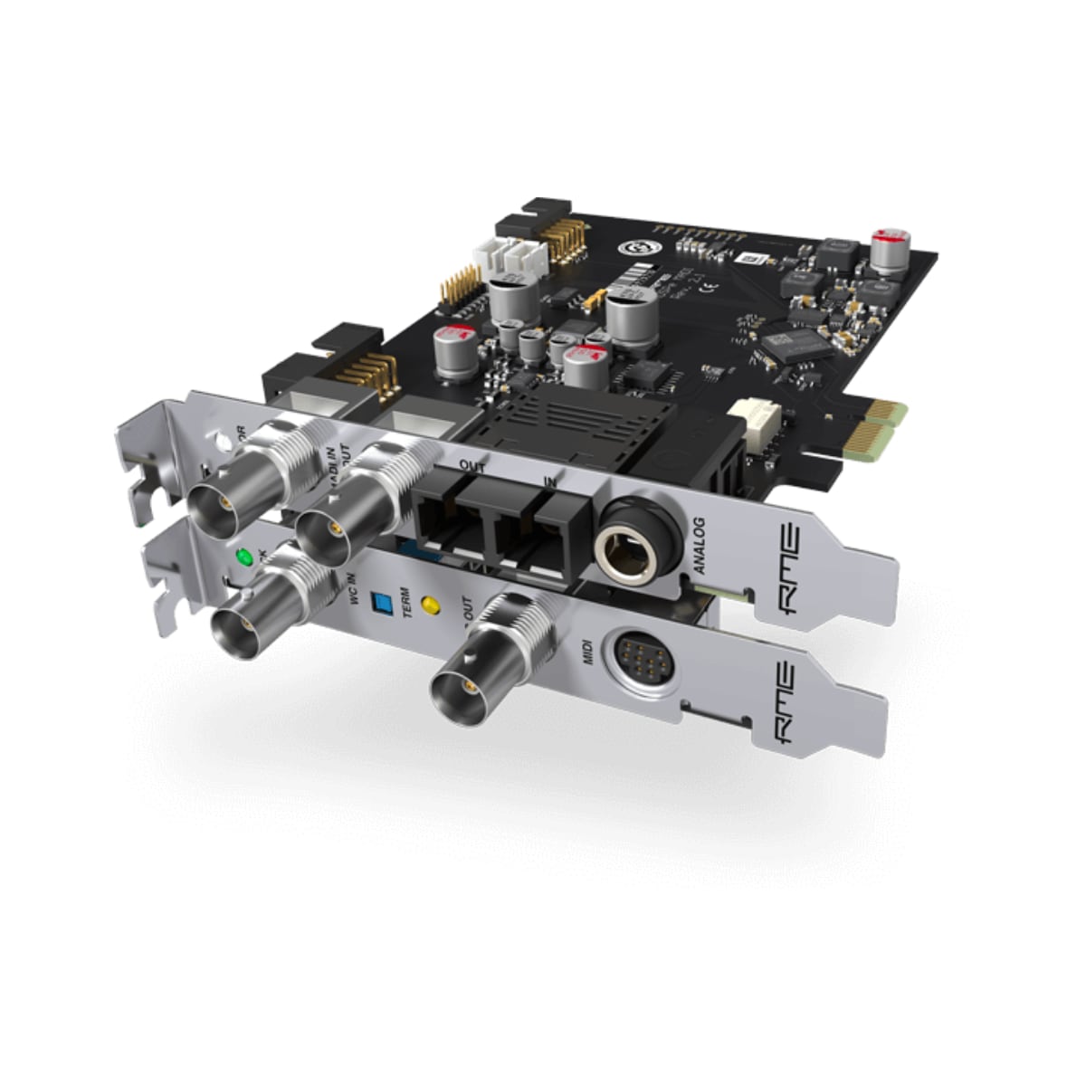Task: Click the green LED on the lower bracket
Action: coord(242,557)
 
